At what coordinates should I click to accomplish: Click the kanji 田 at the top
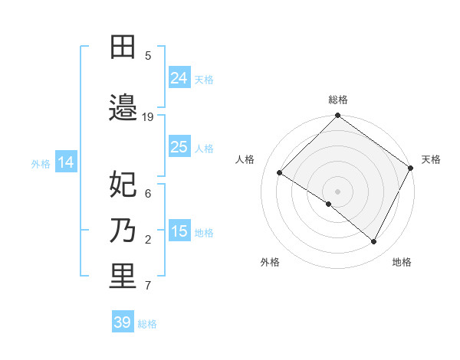pyautogui.click(x=123, y=47)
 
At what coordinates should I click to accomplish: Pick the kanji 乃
pyautogui.click(x=123, y=230)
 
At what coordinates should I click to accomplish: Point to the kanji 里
pyautogui.click(x=123, y=277)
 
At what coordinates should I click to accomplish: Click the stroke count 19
pyautogui.click(x=148, y=117)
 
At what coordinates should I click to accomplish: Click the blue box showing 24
pyautogui.click(x=179, y=78)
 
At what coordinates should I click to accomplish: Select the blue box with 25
pyautogui.click(x=179, y=147)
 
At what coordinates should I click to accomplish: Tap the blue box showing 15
pyautogui.click(x=179, y=231)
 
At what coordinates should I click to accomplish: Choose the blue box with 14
pyautogui.click(x=65, y=162)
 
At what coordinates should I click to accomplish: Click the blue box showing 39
pyautogui.click(x=123, y=322)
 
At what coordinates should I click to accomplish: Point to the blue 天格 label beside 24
pyautogui.click(x=204, y=79)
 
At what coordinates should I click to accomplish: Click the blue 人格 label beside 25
pyautogui.click(x=204, y=148)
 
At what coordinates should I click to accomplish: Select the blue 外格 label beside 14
pyautogui.click(x=41, y=163)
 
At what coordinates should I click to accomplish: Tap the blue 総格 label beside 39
pyautogui.click(x=147, y=324)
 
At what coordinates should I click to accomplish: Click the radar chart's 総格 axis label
pyautogui.click(x=338, y=100)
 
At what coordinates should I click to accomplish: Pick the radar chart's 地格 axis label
pyautogui.click(x=402, y=262)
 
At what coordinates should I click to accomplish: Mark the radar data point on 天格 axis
pyautogui.click(x=412, y=168)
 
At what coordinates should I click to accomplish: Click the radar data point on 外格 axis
pyautogui.click(x=329, y=204)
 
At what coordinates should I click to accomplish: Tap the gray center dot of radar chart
pyautogui.click(x=338, y=191)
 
